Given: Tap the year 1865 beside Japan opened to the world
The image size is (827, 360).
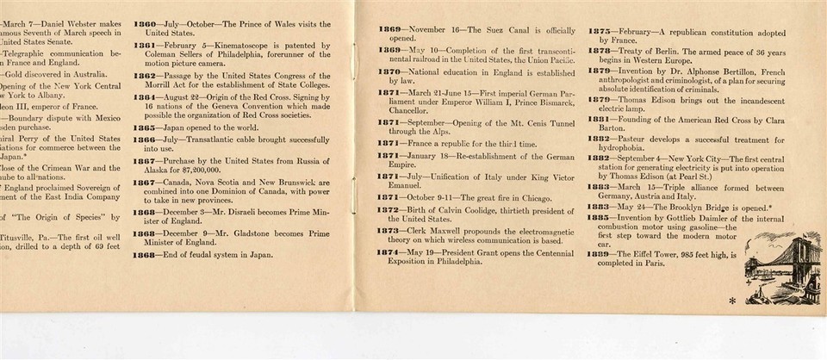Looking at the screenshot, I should point(145,127).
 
